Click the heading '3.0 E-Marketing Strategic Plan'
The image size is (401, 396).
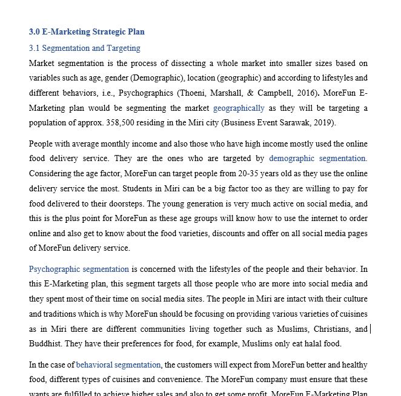pos(87,31)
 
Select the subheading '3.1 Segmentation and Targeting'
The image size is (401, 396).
pos(84,48)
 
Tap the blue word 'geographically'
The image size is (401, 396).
pos(239,108)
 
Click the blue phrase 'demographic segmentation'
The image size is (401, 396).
pos(317,159)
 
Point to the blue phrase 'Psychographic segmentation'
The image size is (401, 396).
pos(79,269)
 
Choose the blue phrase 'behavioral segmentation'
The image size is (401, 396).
pos(118,365)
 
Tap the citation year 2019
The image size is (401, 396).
pos(323,123)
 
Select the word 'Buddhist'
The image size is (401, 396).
pos(45,344)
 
